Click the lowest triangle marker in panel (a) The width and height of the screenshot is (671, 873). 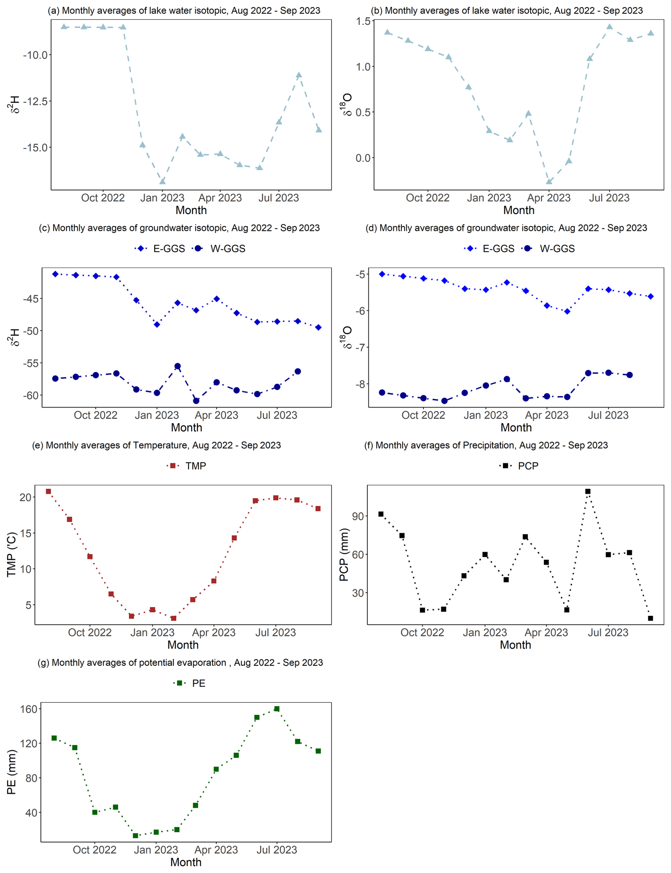[x=162, y=182]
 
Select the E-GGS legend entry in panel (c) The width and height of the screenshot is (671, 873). [x=160, y=249]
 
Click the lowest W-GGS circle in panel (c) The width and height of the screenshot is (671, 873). [x=196, y=401]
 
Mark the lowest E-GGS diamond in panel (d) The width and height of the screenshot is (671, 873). [x=567, y=311]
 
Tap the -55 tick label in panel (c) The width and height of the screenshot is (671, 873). [x=30, y=363]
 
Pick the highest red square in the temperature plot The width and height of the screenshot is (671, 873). [x=48, y=491]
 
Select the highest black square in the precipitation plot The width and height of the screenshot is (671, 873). [x=588, y=491]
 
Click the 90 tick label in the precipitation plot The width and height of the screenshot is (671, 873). [x=358, y=516]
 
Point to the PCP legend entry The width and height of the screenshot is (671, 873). [x=519, y=466]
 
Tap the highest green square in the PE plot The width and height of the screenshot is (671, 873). [x=277, y=709]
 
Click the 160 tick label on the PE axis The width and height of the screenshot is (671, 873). [x=28, y=709]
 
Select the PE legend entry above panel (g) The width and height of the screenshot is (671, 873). [x=190, y=683]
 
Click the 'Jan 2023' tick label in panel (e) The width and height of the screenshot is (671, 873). [x=152, y=633]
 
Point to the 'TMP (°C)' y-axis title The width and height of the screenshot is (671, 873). [x=12, y=554]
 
